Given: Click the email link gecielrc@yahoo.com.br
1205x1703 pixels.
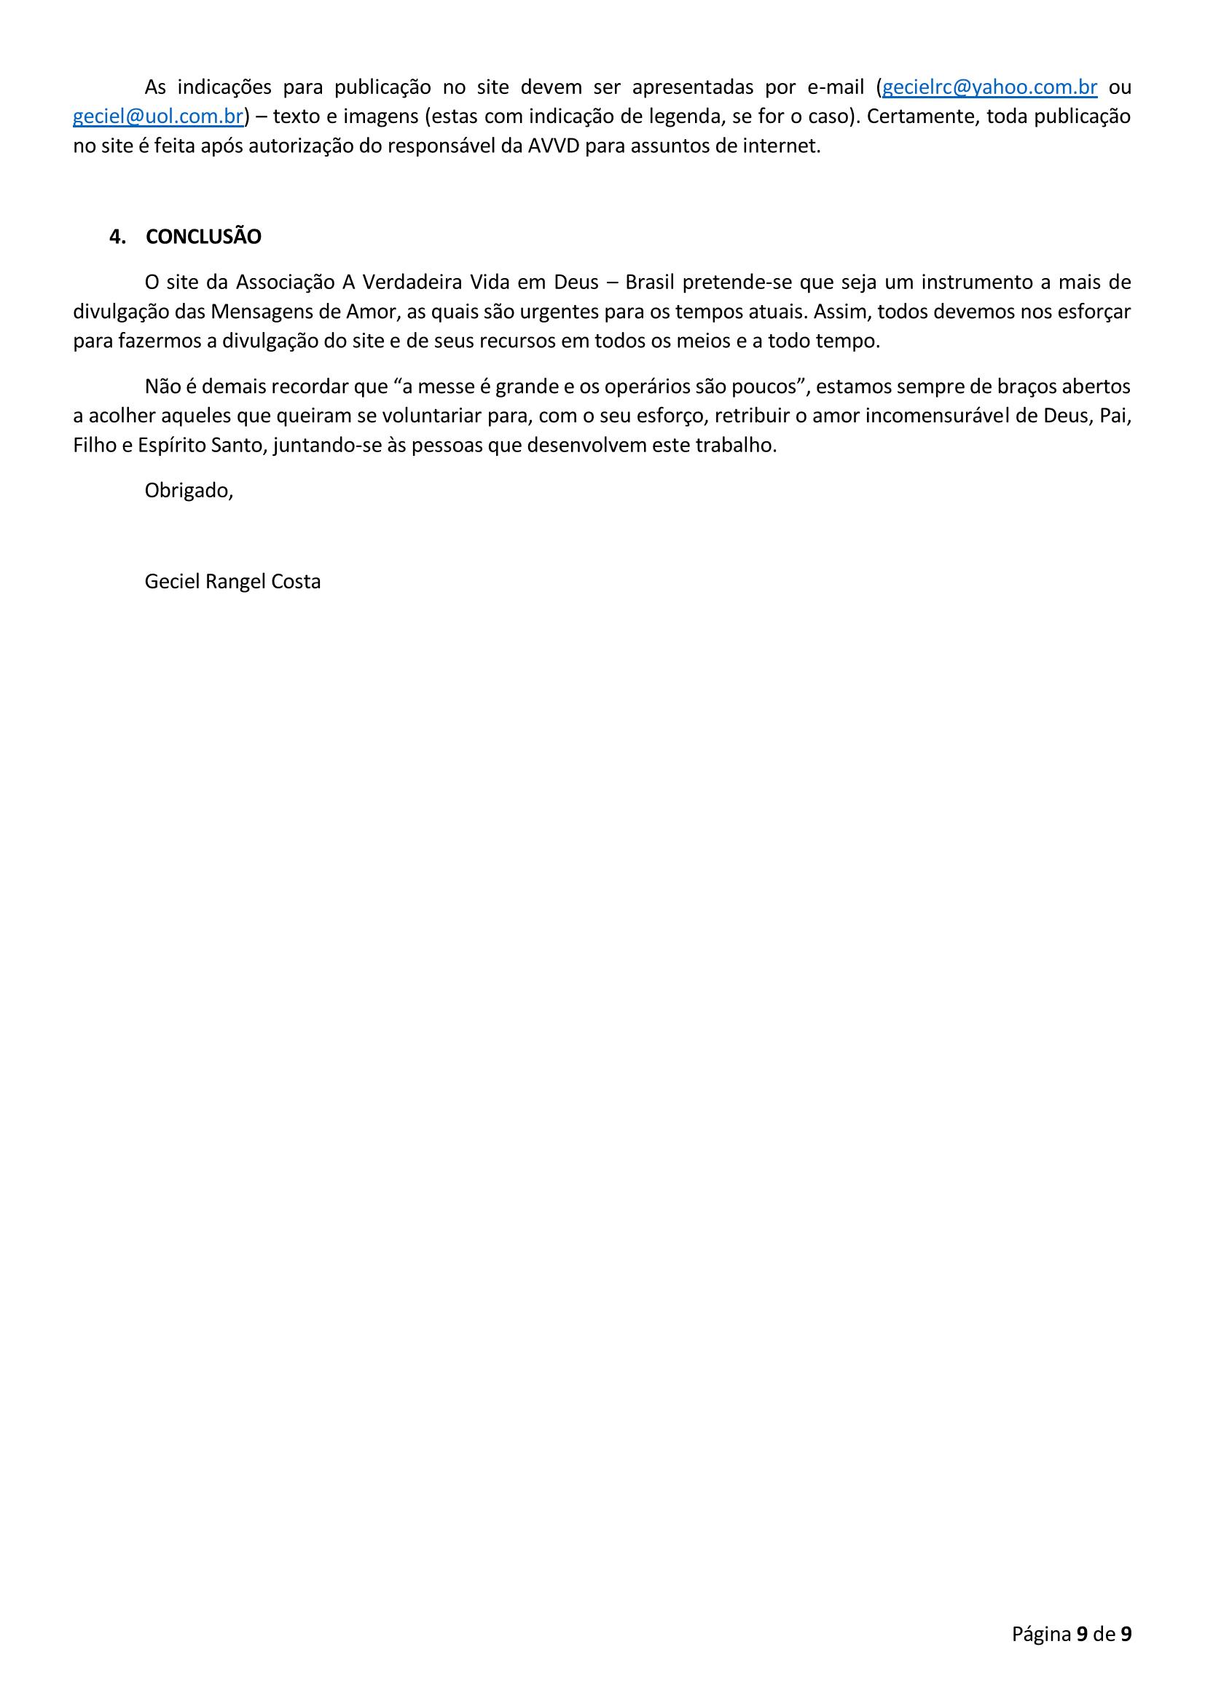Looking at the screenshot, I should tap(989, 87).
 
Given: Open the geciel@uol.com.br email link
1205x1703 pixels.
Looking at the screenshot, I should tap(158, 117).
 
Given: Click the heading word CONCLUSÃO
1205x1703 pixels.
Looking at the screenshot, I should tap(203, 237).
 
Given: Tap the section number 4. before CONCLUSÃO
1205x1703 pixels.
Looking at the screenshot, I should tap(117, 237).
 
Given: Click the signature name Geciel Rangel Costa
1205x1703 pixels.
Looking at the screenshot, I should tap(232, 582).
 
